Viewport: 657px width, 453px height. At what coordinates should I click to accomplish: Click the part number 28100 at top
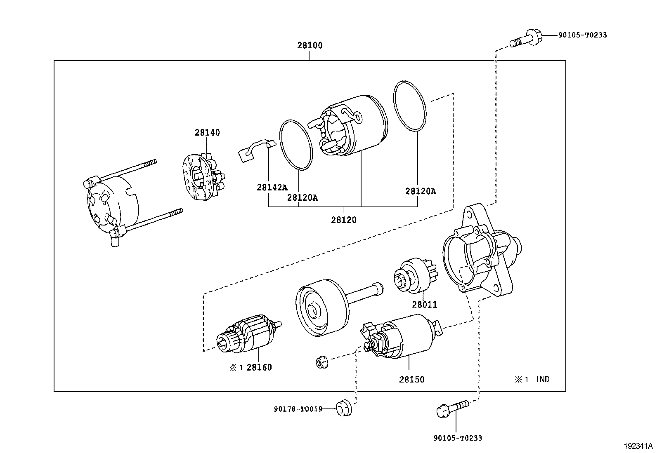310,45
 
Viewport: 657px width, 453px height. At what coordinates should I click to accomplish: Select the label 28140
207,132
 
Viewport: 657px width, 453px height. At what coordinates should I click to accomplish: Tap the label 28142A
272,187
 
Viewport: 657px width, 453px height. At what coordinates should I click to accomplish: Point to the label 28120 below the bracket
343,220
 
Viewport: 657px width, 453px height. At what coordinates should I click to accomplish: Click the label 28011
424,305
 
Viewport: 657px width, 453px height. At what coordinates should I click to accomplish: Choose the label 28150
411,379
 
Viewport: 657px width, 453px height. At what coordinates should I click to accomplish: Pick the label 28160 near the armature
259,367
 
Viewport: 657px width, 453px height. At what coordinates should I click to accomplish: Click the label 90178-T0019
298,409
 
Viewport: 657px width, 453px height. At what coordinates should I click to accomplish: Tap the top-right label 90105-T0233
582,35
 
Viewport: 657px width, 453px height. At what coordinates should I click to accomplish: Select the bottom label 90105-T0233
457,438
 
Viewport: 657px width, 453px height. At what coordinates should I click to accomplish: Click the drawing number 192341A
638,446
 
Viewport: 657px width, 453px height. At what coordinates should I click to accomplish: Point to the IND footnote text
542,379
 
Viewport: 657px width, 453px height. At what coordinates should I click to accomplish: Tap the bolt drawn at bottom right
451,408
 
